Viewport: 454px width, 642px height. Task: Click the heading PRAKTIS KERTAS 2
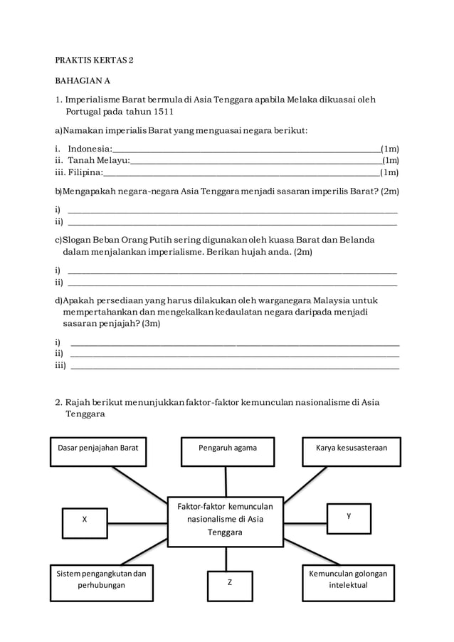coord(94,60)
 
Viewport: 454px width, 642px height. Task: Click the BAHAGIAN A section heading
coord(83,81)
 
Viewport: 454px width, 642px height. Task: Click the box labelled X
coord(85,520)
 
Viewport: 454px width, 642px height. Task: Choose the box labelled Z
coord(229,582)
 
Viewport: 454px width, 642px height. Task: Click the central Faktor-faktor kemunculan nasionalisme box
coord(225,520)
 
